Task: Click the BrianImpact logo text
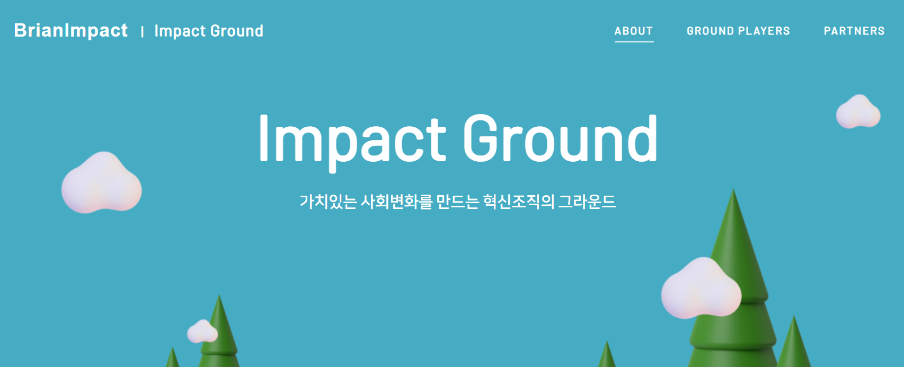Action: [x=71, y=30]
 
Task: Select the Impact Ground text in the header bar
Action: [x=209, y=31]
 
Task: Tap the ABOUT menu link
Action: [x=634, y=31]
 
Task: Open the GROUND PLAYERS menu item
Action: [x=738, y=31]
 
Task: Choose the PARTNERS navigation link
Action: [x=854, y=31]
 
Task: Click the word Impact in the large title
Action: [x=352, y=141]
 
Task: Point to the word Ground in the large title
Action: [x=560, y=138]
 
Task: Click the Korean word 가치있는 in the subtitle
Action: [x=328, y=202]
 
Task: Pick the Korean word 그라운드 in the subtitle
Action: [x=587, y=202]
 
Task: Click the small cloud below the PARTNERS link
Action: [x=858, y=111]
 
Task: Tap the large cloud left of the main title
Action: [x=101, y=182]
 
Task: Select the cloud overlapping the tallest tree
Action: [x=701, y=288]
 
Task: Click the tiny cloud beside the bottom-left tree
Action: [x=202, y=331]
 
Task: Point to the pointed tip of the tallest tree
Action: [x=733, y=189]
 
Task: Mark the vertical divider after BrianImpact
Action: [x=142, y=31]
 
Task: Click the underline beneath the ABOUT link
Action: [x=634, y=41]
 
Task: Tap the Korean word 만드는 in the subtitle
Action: [x=458, y=202]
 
